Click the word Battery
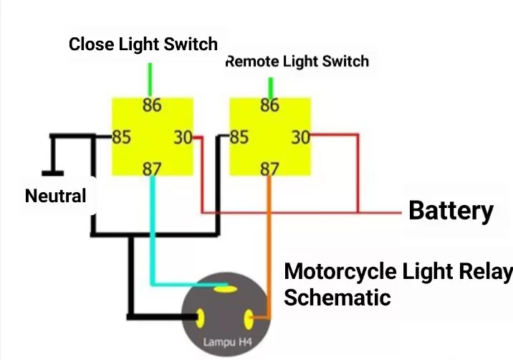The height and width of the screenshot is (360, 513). point(451,211)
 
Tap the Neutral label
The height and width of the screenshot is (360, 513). point(55,195)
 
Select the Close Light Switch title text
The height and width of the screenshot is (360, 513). point(143,44)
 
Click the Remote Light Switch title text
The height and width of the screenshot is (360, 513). point(297,61)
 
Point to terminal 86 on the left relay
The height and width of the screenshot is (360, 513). point(152,106)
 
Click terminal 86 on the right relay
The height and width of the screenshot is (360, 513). point(269,105)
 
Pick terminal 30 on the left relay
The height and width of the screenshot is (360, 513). point(183,137)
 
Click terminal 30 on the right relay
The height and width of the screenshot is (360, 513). point(300,137)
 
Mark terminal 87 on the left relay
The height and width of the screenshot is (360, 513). point(152,169)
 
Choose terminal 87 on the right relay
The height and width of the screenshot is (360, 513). point(269,169)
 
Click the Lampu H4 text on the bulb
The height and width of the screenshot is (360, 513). point(224,342)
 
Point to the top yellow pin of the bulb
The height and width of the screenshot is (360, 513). point(226,290)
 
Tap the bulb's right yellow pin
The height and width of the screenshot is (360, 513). point(250,316)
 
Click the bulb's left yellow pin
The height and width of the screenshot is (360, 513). point(201,316)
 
